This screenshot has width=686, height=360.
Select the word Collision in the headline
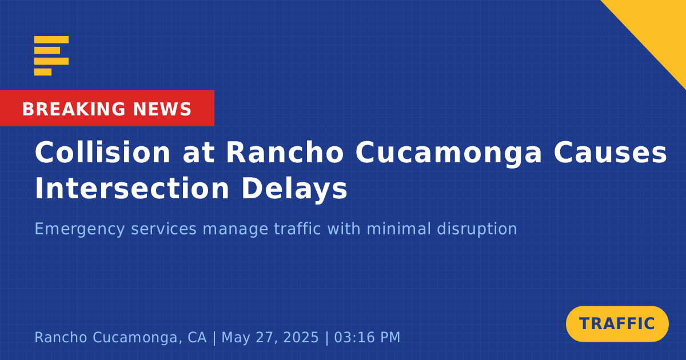[x=102, y=153]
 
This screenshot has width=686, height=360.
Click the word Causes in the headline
[x=611, y=153]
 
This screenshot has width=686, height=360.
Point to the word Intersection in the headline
[x=132, y=188]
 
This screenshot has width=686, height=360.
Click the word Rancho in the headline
[x=285, y=153]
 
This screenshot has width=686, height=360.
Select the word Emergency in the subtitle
[x=80, y=230]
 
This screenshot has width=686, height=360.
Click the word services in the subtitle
[x=164, y=229]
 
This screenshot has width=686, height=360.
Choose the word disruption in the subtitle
[x=477, y=230]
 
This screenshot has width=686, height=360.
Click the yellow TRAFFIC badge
[x=617, y=324]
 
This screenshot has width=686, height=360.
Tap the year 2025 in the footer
[x=301, y=337]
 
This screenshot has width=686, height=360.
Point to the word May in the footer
[x=235, y=338]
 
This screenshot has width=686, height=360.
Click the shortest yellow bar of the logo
[x=43, y=72]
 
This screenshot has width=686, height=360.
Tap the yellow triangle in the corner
[x=659, y=27]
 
